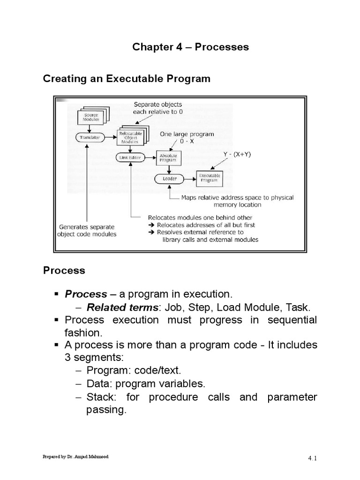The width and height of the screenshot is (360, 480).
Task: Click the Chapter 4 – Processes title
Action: pyautogui.click(x=190, y=47)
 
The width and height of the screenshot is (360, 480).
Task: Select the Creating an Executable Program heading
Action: pyautogui.click(x=127, y=79)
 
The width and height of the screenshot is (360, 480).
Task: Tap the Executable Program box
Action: pyautogui.click(x=209, y=179)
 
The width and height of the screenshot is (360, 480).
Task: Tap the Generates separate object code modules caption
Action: pyautogui.click(x=88, y=231)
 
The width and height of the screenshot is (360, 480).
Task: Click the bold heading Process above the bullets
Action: pyautogui.click(x=64, y=270)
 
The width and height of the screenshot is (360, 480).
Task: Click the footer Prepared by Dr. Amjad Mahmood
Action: pyautogui.click(x=76, y=456)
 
